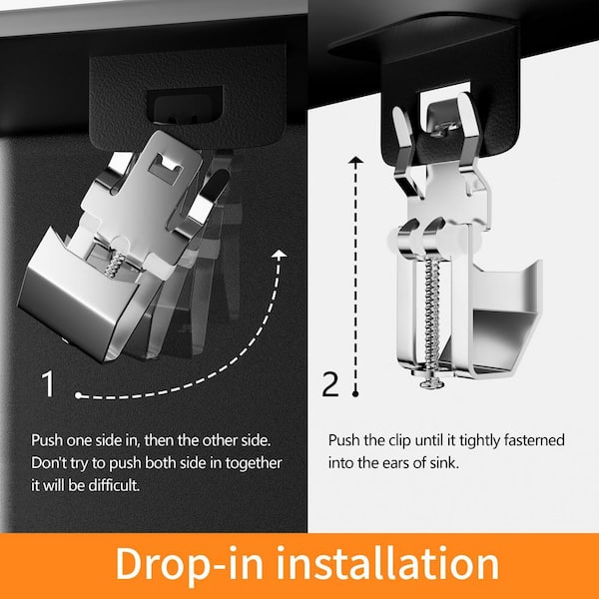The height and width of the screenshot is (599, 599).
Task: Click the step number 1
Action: click(x=48, y=383)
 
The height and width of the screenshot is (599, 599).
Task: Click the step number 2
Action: click(x=330, y=383)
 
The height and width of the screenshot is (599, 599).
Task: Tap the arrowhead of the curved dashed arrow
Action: click(x=281, y=254)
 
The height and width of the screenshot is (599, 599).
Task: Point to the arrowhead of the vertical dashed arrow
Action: click(x=355, y=160)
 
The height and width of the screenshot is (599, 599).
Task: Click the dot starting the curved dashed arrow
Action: click(x=78, y=395)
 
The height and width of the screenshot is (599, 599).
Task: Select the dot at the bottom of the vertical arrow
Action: click(x=355, y=394)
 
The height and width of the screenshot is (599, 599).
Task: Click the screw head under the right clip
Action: click(x=432, y=383)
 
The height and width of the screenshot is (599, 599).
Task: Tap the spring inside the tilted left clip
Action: click(x=114, y=265)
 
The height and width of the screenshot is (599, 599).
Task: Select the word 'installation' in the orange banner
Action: click(x=387, y=563)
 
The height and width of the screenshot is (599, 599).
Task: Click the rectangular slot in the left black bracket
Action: click(x=185, y=104)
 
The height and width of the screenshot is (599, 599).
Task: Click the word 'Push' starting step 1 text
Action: click(x=47, y=440)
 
